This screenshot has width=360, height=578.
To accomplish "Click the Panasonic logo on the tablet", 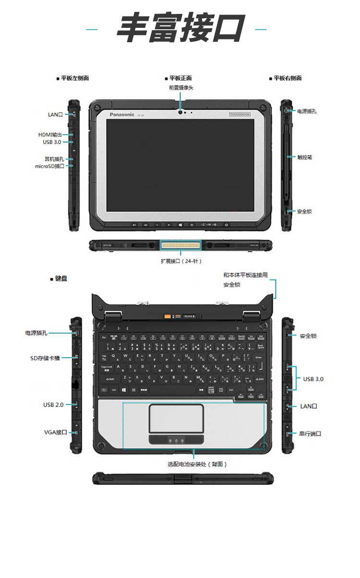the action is [x=122, y=114].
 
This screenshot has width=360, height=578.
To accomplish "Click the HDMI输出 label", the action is [x=50, y=135].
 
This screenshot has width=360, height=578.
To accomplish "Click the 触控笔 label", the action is [x=304, y=157].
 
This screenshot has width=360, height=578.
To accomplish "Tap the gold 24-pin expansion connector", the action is [x=180, y=245].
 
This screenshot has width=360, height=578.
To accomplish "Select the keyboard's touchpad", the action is [x=176, y=418].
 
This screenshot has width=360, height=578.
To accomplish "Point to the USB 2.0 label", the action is [x=53, y=405].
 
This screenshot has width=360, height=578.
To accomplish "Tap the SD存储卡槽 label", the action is [x=45, y=358].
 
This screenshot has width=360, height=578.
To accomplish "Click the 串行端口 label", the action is [x=310, y=433].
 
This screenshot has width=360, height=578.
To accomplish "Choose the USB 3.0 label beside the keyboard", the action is [x=313, y=379].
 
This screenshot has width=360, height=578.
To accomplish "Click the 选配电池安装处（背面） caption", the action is [x=197, y=464].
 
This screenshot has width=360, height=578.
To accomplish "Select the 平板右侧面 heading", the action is [x=288, y=78].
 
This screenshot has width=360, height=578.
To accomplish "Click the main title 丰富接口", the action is [x=180, y=29].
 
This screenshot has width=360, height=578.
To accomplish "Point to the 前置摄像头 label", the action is [x=181, y=88].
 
